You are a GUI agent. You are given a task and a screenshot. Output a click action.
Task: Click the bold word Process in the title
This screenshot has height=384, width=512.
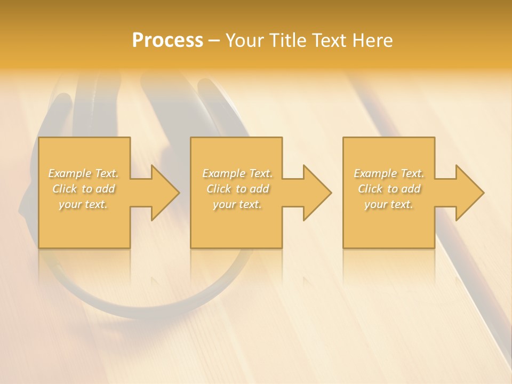[x=167, y=41]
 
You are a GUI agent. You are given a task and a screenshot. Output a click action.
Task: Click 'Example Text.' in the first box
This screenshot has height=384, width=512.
[x=84, y=173]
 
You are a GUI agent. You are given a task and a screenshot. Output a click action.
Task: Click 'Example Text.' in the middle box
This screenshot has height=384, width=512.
[x=237, y=173]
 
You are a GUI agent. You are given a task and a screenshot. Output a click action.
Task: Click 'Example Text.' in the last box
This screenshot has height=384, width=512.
[x=389, y=173]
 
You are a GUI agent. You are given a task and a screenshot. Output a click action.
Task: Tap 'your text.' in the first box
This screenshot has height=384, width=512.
[x=83, y=204]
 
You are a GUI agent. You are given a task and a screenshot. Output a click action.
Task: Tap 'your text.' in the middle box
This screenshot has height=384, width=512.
[x=237, y=204]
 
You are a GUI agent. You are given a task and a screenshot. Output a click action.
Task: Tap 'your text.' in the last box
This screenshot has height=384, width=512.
[x=388, y=204]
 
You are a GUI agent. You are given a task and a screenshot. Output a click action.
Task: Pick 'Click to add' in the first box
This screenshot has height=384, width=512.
[x=84, y=189]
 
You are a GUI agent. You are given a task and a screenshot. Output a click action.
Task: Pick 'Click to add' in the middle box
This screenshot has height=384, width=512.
[x=237, y=189]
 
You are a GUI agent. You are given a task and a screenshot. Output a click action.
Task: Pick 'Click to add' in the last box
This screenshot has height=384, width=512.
[x=389, y=189]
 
